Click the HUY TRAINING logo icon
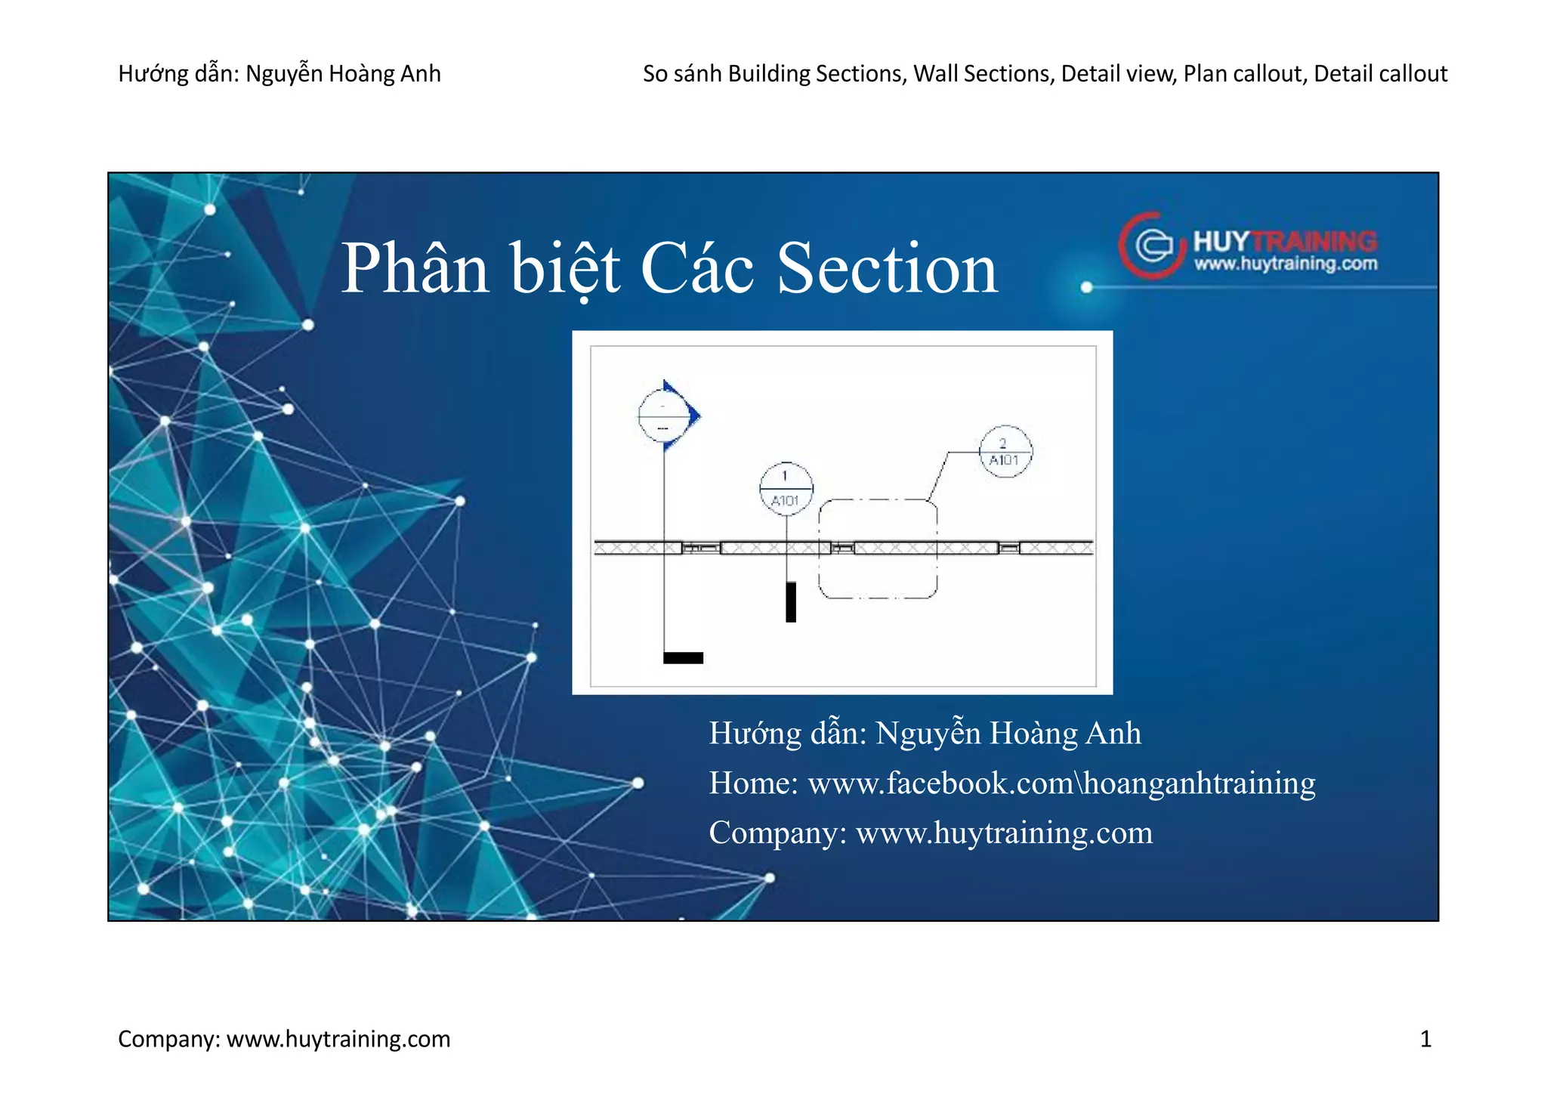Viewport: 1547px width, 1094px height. tap(1147, 245)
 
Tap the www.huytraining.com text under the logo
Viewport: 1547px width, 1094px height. tap(1286, 264)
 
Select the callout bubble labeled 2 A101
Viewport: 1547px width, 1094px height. tap(1005, 452)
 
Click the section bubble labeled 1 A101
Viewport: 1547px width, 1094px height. tap(786, 489)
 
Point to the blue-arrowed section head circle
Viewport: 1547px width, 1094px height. tap(663, 416)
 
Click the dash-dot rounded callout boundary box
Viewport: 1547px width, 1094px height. tap(878, 549)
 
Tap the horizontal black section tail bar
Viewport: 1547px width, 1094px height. tap(683, 658)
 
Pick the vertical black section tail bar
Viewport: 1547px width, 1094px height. tap(791, 601)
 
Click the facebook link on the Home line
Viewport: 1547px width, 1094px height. tap(1061, 783)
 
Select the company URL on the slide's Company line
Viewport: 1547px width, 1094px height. tap(1004, 833)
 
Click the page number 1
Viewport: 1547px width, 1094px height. tap(1425, 1040)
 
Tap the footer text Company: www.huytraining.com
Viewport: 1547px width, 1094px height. tap(284, 1040)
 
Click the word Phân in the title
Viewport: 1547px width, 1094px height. tap(415, 269)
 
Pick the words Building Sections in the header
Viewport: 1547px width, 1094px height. tap(817, 74)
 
